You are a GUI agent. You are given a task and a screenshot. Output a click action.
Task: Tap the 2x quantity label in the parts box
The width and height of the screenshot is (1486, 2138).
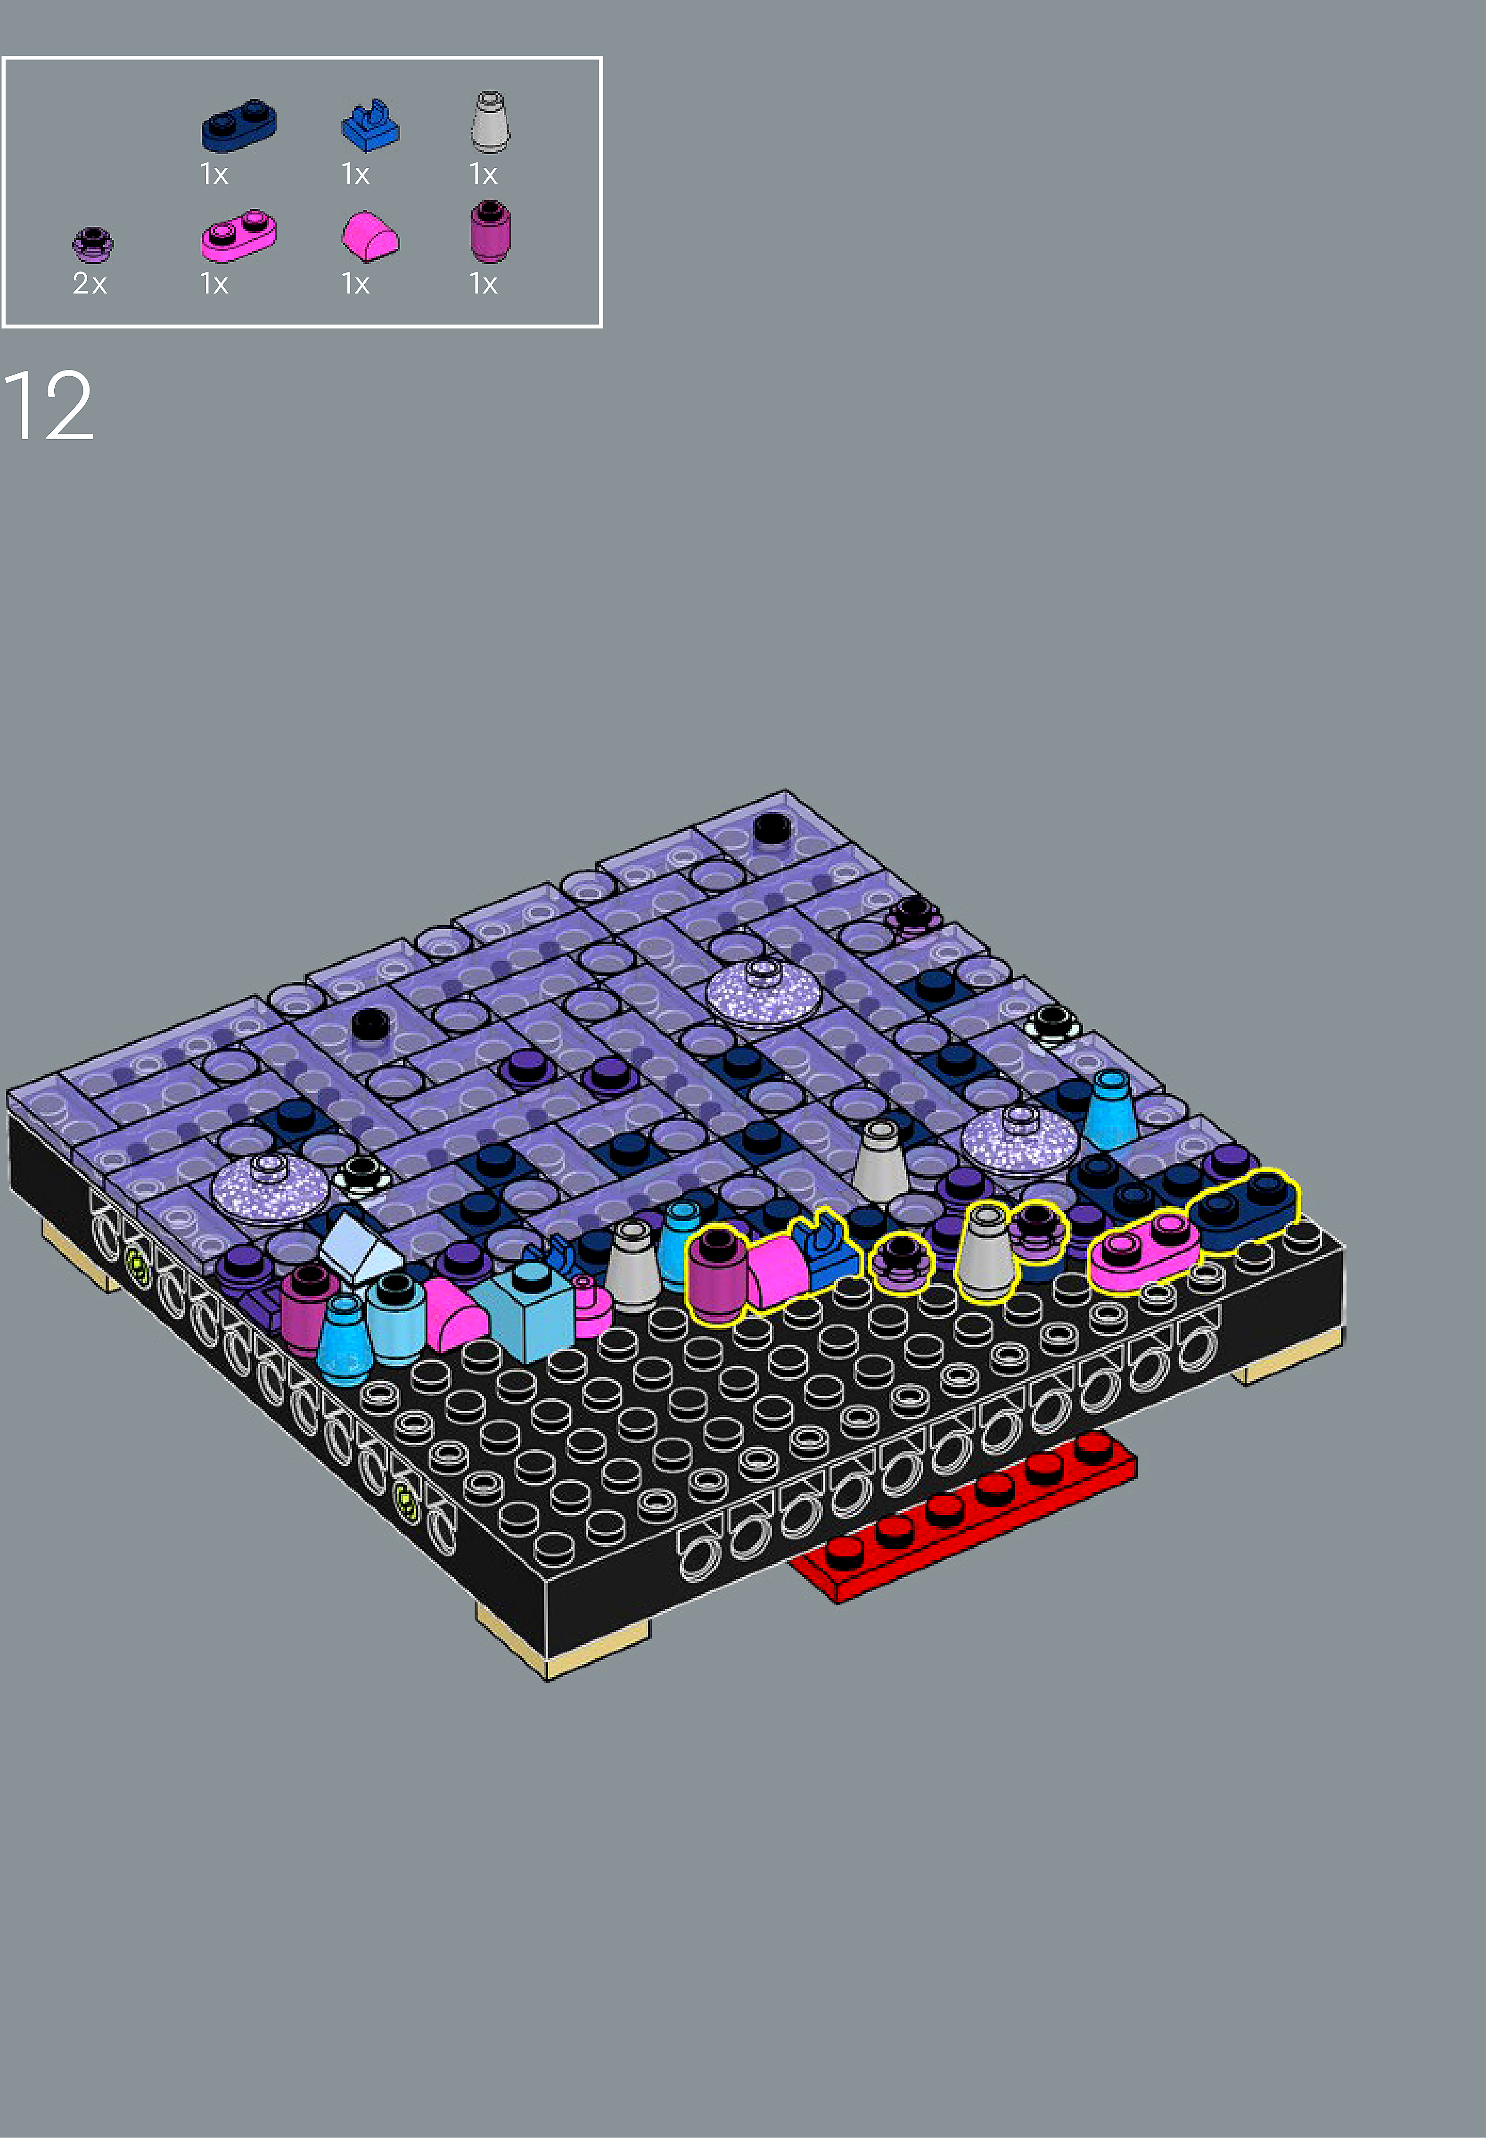[90, 283]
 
